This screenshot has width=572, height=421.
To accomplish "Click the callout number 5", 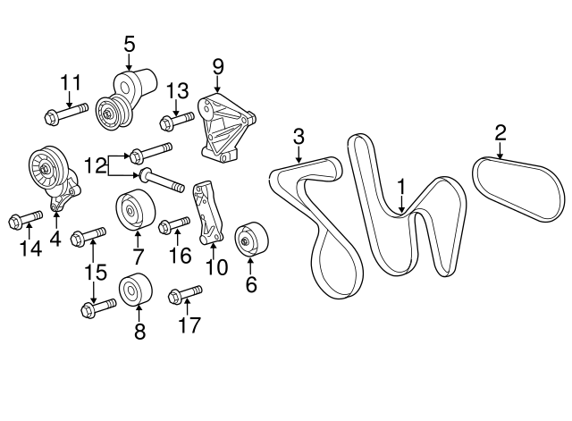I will click(129, 43).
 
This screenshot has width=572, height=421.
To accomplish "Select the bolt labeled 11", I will click(64, 114).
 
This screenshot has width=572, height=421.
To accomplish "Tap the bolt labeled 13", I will click(176, 119).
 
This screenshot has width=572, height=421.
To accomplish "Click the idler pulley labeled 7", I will click(134, 212).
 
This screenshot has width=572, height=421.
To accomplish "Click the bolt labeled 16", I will click(174, 224).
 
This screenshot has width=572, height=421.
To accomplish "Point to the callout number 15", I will click(94, 271).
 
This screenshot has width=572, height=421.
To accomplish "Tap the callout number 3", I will click(299, 137).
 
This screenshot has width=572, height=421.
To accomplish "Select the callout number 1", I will click(401, 187).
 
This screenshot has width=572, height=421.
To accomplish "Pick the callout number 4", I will click(55, 239).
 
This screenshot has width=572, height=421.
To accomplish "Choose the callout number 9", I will click(216, 66).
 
